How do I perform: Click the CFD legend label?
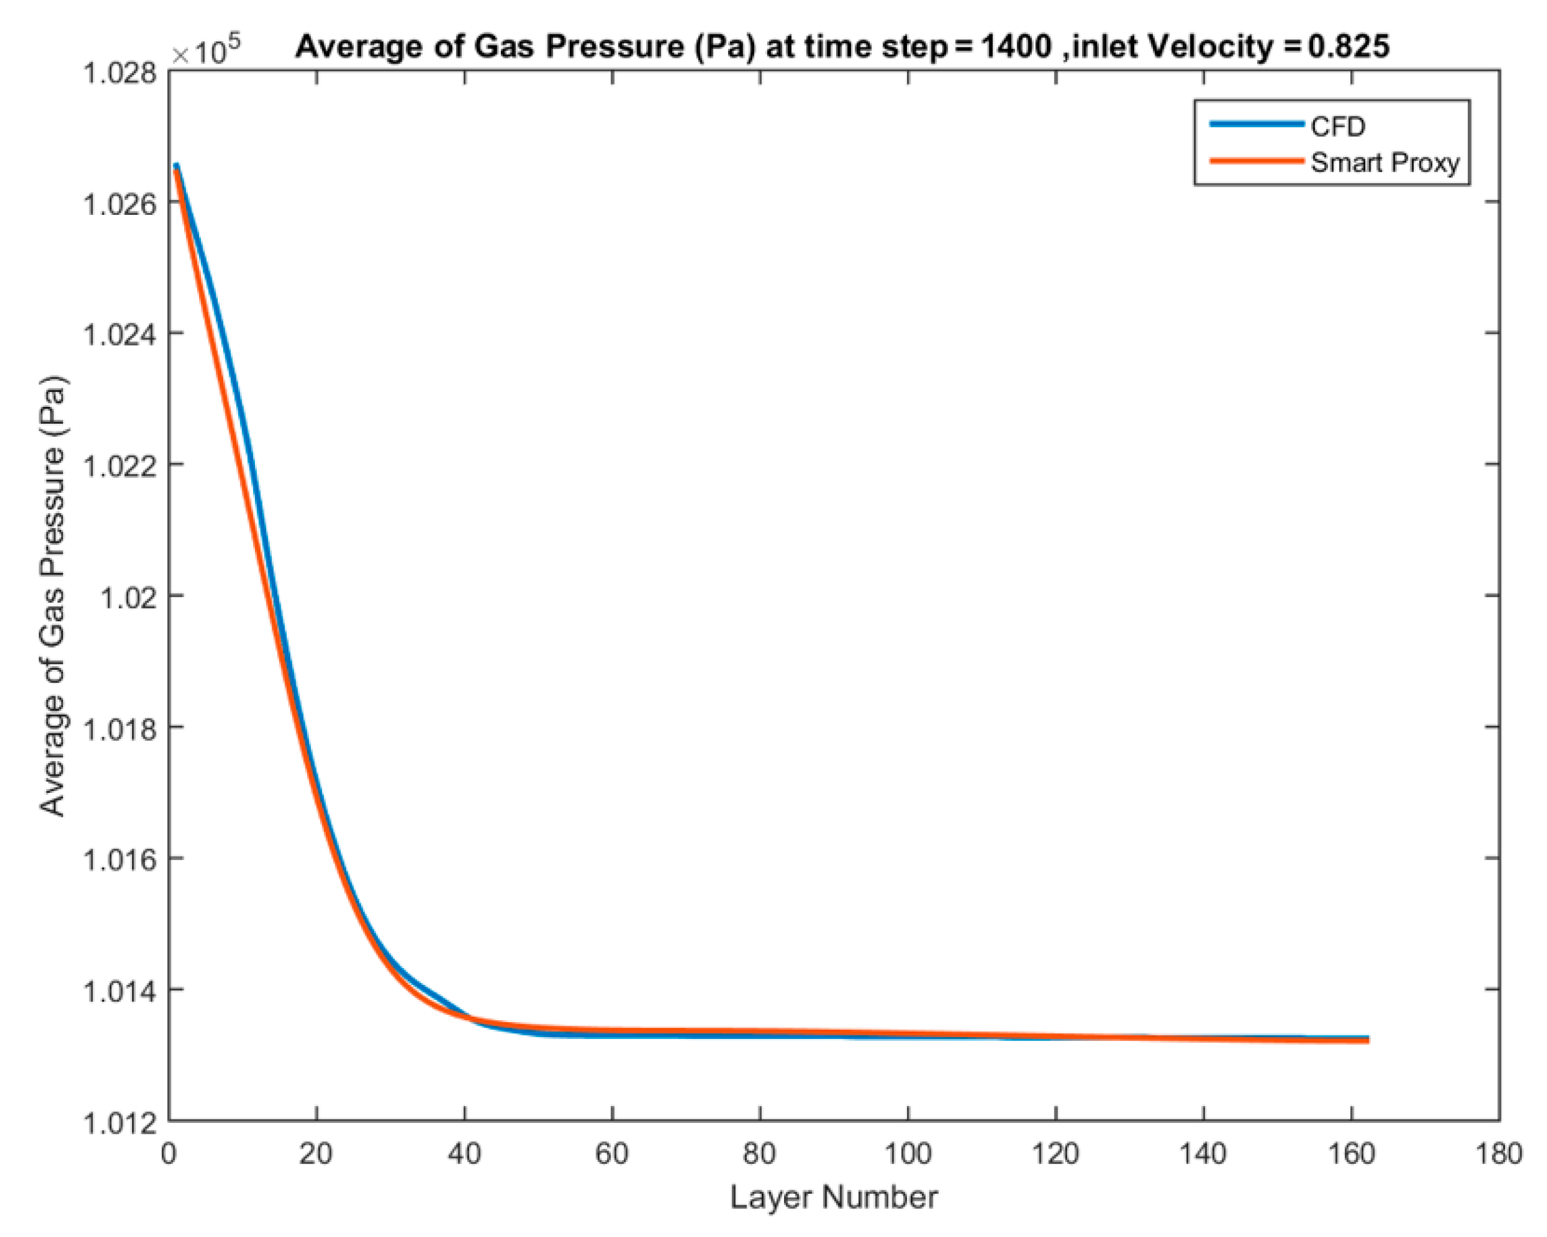coord(1338,127)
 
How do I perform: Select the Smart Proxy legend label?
coord(1385,163)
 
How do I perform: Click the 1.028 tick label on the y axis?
coord(121,73)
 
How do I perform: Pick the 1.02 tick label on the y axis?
coord(128,597)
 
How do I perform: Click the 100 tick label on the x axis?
coord(908,1154)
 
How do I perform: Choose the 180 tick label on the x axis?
coord(1499,1154)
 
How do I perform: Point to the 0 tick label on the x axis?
coord(169,1154)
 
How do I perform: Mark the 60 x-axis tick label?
coord(612,1154)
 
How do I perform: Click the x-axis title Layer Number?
coord(834,1197)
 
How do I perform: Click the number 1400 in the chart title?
coord(1016,47)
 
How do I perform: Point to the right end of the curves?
coord(1368,1040)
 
